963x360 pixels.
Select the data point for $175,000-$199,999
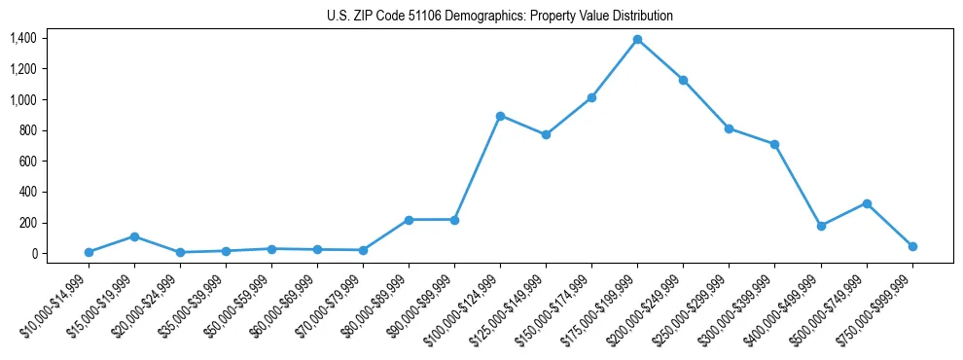637,40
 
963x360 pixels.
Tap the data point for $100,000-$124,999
500,116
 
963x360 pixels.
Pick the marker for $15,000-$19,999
134,236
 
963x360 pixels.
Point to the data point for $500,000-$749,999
867,203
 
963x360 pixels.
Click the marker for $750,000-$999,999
912,246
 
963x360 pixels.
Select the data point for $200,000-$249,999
683,80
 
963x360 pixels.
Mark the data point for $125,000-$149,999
546,134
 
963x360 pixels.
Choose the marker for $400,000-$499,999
821,226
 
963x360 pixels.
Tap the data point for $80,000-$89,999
409,220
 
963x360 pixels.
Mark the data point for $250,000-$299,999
729,128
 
